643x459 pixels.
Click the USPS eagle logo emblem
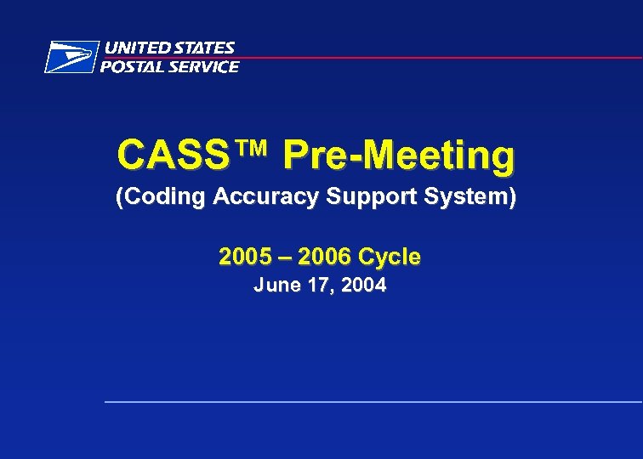70,57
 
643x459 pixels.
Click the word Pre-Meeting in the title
399,156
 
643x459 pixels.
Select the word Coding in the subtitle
163,197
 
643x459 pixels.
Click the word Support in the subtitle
359,197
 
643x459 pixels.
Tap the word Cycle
390,257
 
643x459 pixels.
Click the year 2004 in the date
363,286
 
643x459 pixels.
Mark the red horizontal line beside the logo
442,58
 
